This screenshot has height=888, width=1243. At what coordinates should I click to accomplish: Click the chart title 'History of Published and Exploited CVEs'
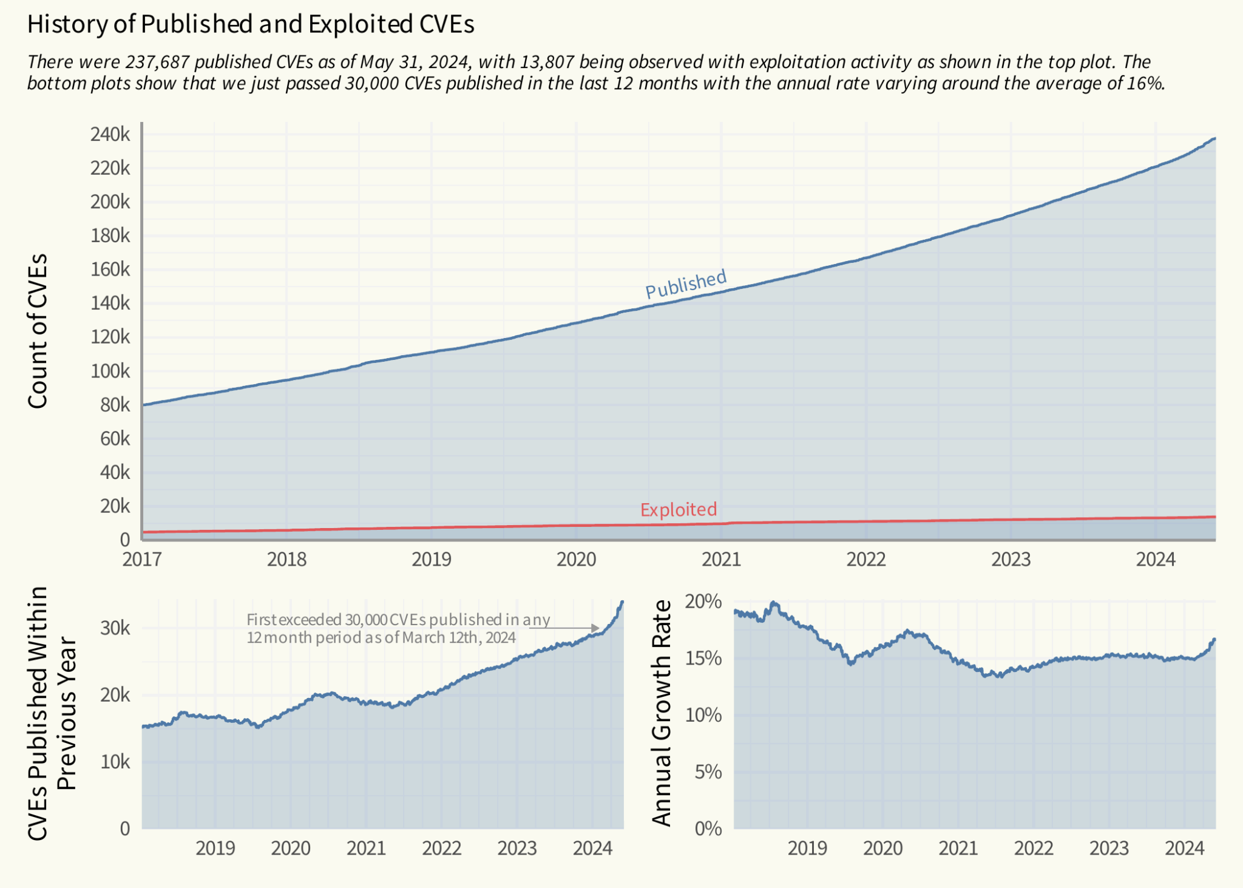[x=251, y=24]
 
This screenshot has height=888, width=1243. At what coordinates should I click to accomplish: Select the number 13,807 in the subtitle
[x=546, y=62]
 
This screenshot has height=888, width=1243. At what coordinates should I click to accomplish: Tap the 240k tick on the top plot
[x=110, y=135]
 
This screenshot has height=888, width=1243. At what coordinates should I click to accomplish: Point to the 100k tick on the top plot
[x=110, y=371]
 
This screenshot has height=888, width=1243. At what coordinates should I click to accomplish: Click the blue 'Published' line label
[x=685, y=284]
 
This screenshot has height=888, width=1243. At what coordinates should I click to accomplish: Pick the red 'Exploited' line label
[x=678, y=509]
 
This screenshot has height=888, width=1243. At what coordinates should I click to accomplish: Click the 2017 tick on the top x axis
[x=142, y=559]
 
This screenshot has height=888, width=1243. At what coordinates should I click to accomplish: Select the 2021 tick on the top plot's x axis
[x=721, y=559]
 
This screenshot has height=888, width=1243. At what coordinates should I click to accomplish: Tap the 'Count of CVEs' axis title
[x=38, y=331]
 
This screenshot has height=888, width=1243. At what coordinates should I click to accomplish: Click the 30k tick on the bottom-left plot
[x=115, y=628]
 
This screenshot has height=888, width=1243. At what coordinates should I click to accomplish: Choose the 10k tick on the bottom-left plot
[x=115, y=762]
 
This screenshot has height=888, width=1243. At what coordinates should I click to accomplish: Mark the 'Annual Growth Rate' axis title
[x=662, y=713]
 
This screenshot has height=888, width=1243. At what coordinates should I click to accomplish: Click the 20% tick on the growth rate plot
[x=703, y=602]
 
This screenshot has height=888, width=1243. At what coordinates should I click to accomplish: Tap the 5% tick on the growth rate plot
[x=708, y=772]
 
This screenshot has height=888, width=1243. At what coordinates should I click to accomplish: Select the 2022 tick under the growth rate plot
[x=1034, y=848]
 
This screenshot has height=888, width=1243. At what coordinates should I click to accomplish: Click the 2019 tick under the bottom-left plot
[x=215, y=848]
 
